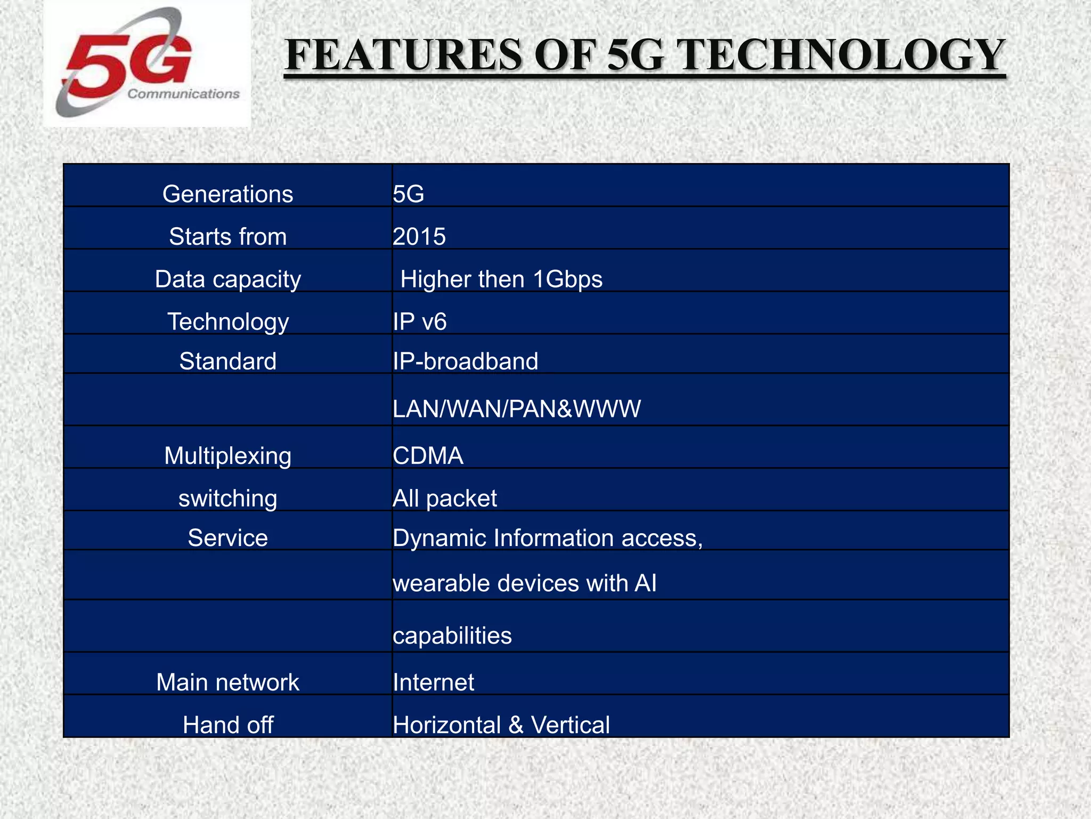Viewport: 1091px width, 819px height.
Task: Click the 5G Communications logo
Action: click(x=146, y=64)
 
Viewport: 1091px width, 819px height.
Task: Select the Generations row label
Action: click(x=227, y=194)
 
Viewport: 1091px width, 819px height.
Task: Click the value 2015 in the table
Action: click(x=419, y=237)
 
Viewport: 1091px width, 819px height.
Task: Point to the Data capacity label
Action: click(x=227, y=279)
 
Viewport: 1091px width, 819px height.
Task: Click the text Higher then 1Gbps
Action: click(x=501, y=279)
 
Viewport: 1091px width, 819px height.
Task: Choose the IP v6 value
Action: click(x=419, y=322)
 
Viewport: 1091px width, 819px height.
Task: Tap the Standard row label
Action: click(x=227, y=362)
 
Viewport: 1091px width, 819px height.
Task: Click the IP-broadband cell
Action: click(x=465, y=362)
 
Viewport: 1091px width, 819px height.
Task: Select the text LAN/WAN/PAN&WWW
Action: click(x=516, y=409)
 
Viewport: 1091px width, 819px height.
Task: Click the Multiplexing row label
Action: click(x=227, y=456)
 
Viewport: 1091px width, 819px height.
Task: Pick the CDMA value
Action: click(x=428, y=456)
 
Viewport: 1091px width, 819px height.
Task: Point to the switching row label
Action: click(x=227, y=499)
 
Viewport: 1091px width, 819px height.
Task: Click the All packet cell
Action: click(x=444, y=499)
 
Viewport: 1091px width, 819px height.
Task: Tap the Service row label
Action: click(x=227, y=538)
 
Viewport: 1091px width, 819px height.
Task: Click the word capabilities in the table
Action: click(x=452, y=636)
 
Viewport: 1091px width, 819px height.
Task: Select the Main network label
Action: click(x=227, y=682)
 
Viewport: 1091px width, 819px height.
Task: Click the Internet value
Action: click(x=433, y=682)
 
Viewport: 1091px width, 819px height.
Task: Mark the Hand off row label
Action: click(x=227, y=725)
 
